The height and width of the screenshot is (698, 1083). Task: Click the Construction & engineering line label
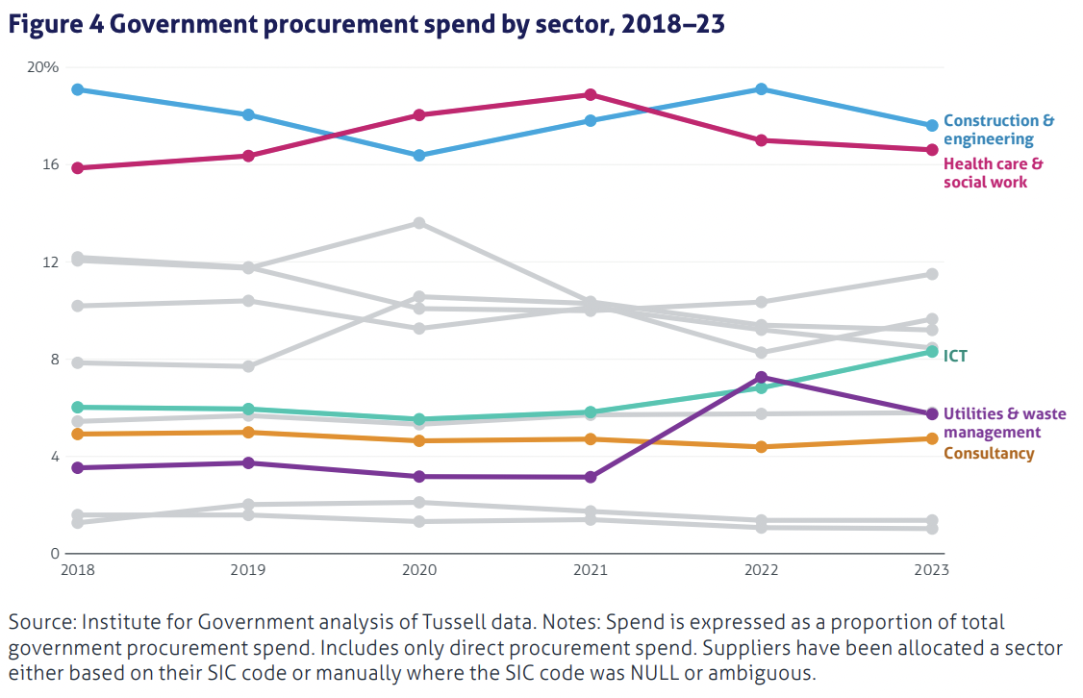pos(998,130)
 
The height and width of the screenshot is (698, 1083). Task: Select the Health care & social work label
pos(993,173)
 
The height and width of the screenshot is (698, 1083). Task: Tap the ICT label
pos(955,356)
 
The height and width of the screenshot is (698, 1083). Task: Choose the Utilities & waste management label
pos(1004,423)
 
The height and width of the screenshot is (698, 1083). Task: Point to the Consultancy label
pos(989,453)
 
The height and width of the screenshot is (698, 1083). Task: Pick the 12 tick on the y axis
pos(50,262)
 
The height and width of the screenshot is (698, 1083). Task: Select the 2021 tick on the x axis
pos(591,570)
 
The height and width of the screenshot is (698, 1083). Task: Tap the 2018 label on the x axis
pos(77,570)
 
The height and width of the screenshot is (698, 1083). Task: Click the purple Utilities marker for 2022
pos(762,378)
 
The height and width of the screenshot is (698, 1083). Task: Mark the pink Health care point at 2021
pos(591,94)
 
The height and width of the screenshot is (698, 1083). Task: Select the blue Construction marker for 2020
pos(419,156)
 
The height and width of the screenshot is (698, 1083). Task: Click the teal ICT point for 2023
pos(932,352)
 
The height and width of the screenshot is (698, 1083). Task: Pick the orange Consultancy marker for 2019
pos(248,433)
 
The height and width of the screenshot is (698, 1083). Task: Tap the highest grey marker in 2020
pos(419,223)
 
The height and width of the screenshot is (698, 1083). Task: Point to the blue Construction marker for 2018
pos(77,89)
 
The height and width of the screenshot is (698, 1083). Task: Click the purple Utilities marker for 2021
pos(591,477)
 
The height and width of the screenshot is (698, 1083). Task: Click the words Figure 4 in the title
pos(55,25)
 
